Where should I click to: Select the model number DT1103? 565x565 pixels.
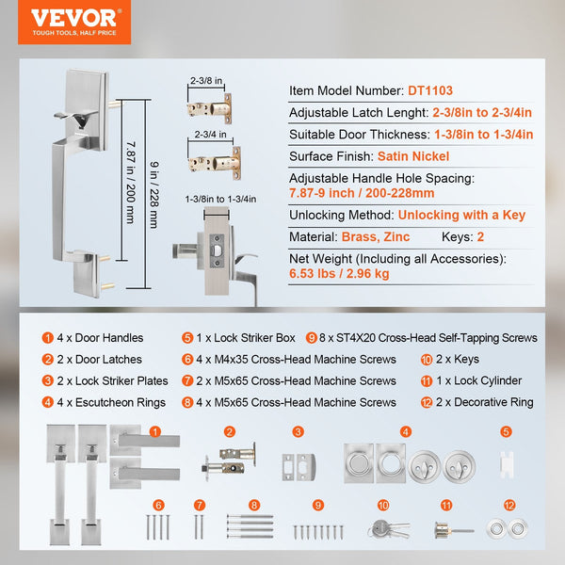coord(429,91)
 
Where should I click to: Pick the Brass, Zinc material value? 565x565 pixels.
coord(377,237)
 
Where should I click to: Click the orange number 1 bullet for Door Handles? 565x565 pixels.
coord(48,338)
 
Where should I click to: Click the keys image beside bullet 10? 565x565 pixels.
coord(386,529)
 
